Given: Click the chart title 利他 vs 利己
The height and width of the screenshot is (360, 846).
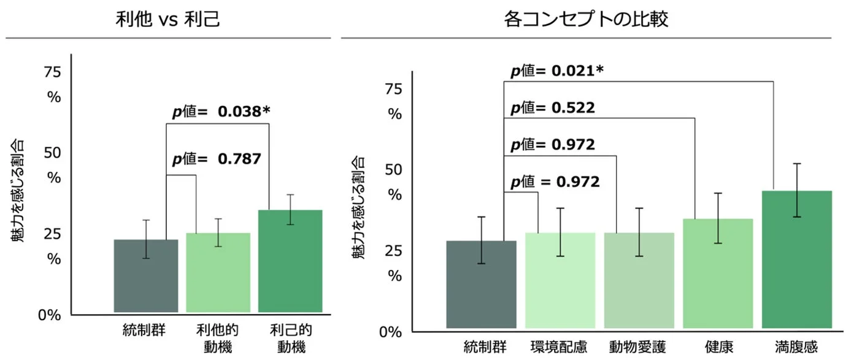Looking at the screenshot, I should pyautogui.click(x=167, y=20).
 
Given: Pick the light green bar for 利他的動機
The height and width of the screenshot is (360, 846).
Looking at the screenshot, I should pyautogui.click(x=217, y=272).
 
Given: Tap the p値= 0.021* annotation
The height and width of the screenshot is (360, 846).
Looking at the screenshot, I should pyautogui.click(x=557, y=71).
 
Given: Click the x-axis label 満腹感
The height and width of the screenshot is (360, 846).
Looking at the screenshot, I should pyautogui.click(x=796, y=347).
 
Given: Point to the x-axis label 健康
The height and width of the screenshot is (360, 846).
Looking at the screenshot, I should pyautogui.click(x=717, y=347).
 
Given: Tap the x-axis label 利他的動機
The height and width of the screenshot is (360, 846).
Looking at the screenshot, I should pyautogui.click(x=217, y=339).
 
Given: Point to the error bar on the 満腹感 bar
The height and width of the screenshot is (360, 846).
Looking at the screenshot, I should pyautogui.click(x=796, y=190).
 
